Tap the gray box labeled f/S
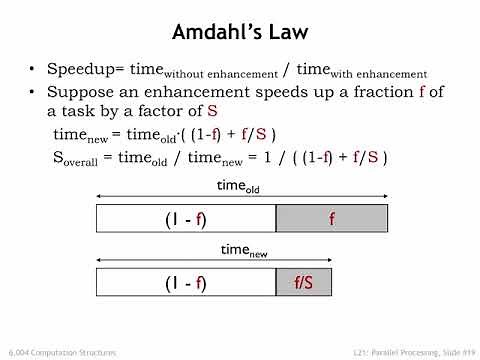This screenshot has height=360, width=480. pyautogui.click(x=304, y=283)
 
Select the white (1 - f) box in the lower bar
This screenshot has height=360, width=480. pyautogui.click(x=185, y=283)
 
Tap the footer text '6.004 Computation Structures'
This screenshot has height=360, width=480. pyautogui.click(x=59, y=352)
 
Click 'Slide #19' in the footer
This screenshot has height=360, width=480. pyautogui.click(x=449, y=352)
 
